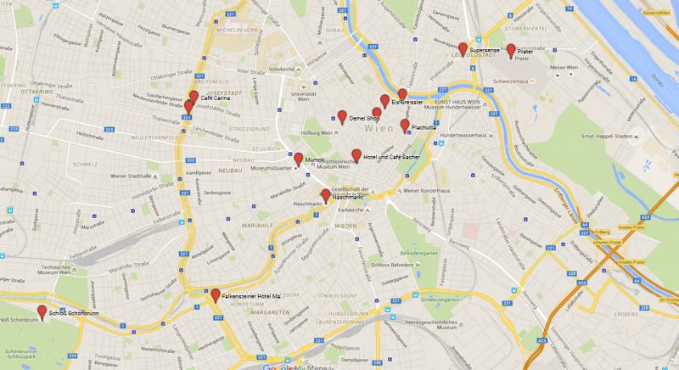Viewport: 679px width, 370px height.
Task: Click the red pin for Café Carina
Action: coord(194,96)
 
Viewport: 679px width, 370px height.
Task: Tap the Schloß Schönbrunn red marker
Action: coord(42,311)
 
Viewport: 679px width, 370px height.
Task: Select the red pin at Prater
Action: coord(511,50)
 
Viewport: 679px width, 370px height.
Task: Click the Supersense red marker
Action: coord(463,48)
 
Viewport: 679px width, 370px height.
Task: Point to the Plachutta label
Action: coord(424,127)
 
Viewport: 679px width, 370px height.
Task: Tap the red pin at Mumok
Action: coord(298,158)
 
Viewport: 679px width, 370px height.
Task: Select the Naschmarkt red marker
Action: coord(325,194)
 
